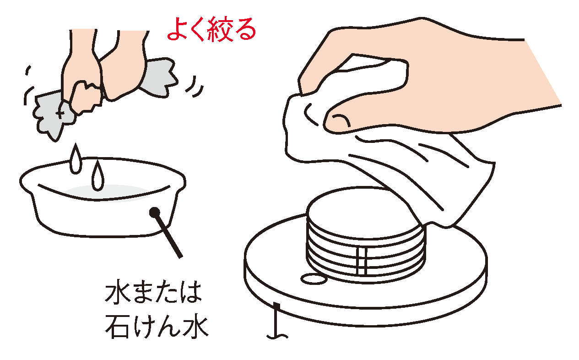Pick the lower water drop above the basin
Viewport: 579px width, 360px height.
pyautogui.click(x=97, y=177)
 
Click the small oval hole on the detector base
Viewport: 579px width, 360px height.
pyautogui.click(x=312, y=278)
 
